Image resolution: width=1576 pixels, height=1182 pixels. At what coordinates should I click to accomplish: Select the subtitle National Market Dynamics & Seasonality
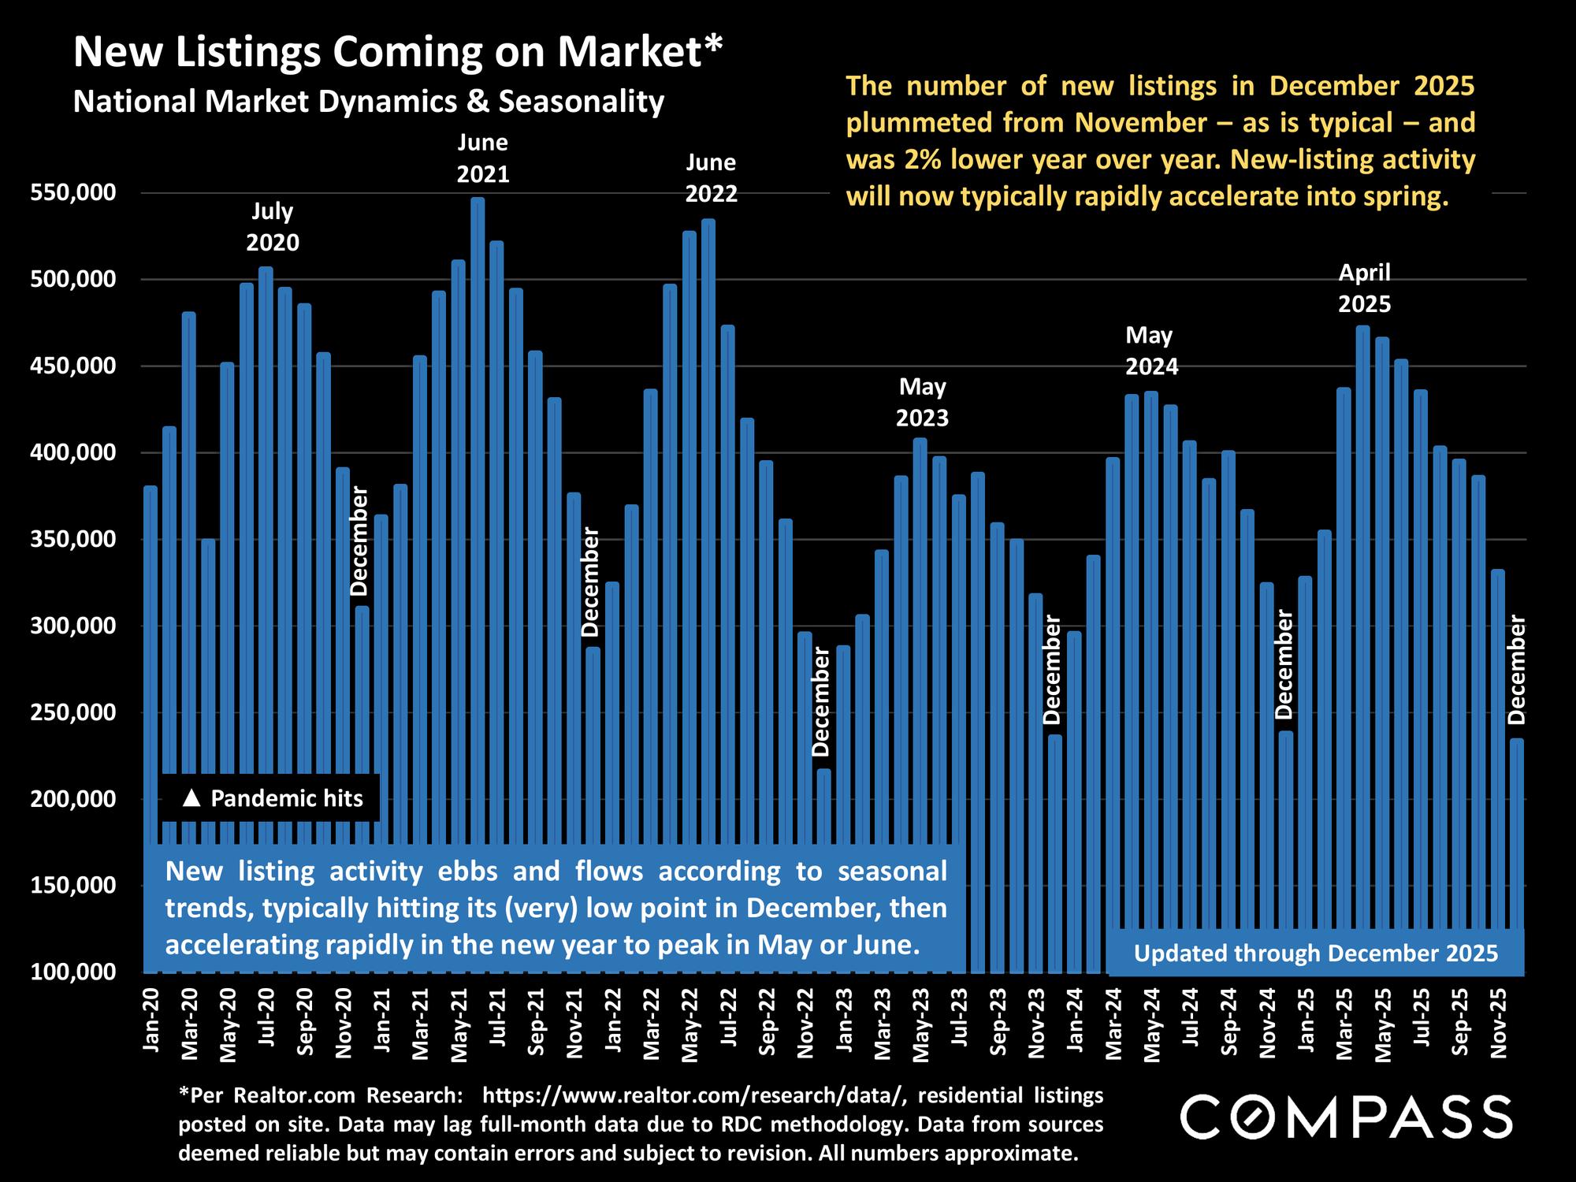(x=369, y=102)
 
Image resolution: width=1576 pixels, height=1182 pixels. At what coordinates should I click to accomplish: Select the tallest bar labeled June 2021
(x=478, y=473)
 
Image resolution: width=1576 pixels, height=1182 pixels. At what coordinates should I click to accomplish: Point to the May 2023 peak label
(x=922, y=402)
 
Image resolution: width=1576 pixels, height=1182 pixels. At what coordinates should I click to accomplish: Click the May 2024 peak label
(x=1150, y=351)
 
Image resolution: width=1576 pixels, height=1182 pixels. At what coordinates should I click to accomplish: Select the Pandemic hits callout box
(x=269, y=798)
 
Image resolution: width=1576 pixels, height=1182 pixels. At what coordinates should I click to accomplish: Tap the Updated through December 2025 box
(x=1315, y=953)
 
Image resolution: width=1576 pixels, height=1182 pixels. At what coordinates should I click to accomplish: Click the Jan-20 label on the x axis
(x=151, y=1024)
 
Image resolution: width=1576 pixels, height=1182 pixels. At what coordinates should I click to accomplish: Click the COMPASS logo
(x=1346, y=1117)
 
